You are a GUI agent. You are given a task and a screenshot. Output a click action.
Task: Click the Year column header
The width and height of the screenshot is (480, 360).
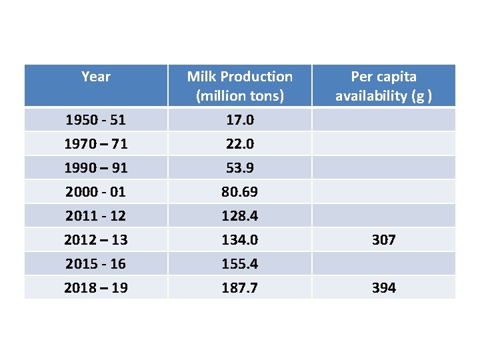tap(95, 77)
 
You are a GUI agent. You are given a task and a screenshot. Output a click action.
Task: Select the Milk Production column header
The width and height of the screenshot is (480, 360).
tap(239, 86)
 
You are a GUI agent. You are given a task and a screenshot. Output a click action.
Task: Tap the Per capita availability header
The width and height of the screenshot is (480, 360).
tap(383, 86)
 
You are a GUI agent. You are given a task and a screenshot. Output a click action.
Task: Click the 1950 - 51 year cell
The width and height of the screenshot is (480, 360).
tap(95, 121)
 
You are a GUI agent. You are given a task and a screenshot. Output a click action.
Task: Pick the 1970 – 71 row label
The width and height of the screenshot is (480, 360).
tap(95, 144)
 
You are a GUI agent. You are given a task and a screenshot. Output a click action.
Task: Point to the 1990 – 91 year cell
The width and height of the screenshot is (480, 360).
tap(95, 168)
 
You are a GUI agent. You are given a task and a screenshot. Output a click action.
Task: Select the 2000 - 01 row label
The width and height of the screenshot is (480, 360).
tap(95, 192)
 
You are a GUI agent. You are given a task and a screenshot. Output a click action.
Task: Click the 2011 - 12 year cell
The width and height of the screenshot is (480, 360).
tap(95, 216)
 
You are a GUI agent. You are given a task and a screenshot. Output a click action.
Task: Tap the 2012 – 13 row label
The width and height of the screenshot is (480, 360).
tap(95, 239)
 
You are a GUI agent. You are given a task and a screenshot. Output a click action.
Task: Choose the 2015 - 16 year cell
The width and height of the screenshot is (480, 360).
tap(95, 264)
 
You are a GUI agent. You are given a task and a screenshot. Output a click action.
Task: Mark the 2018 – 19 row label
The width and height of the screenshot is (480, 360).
tap(95, 288)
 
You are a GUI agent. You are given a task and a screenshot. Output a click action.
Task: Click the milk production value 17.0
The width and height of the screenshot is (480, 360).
tap(239, 121)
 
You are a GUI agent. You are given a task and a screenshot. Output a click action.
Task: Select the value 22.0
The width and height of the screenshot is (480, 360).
tap(239, 144)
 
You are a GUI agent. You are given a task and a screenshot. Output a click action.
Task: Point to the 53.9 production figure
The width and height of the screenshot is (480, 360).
tap(239, 168)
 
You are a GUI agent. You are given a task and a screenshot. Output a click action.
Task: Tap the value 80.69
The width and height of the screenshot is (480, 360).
tap(239, 192)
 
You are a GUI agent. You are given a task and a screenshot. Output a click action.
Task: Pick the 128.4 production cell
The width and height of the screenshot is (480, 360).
tap(239, 216)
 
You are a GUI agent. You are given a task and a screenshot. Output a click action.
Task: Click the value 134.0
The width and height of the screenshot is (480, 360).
tap(239, 239)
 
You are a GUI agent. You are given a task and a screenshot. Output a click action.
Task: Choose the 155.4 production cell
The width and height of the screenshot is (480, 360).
tap(239, 264)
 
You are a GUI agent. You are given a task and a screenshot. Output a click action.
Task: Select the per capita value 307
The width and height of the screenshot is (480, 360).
tap(383, 239)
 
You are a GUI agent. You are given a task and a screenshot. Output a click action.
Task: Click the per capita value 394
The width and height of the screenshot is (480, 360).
tap(383, 288)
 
